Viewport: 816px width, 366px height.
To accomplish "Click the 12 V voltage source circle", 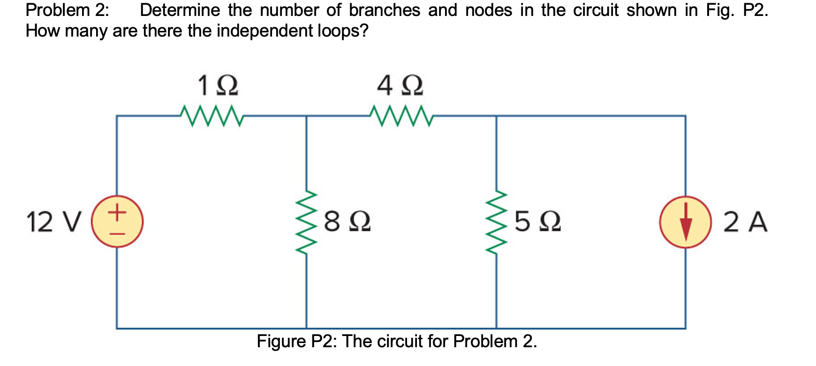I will click(x=117, y=221).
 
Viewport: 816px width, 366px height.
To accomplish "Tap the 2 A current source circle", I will click(x=686, y=222).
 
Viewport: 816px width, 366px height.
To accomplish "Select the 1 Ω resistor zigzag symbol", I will click(x=211, y=115).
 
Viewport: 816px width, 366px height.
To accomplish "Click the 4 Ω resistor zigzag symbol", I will click(x=401, y=115).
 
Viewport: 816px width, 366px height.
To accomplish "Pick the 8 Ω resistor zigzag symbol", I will click(x=306, y=222).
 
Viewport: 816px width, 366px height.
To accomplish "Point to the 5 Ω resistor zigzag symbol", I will click(x=497, y=222).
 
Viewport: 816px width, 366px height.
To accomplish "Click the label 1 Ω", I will click(x=217, y=86).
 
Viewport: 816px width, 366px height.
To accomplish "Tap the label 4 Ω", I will click(x=400, y=86).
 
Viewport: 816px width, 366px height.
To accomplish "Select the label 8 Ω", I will click(x=347, y=222).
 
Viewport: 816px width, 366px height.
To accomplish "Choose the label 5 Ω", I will click(x=537, y=222).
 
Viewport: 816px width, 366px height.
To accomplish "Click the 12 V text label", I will click(x=53, y=222).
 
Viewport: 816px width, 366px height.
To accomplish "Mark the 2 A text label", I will click(x=745, y=222).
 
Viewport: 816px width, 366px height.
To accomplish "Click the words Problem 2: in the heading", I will click(x=67, y=10).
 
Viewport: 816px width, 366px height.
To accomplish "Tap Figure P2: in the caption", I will click(x=296, y=341).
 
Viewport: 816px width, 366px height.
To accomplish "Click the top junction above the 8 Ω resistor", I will click(x=306, y=116).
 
